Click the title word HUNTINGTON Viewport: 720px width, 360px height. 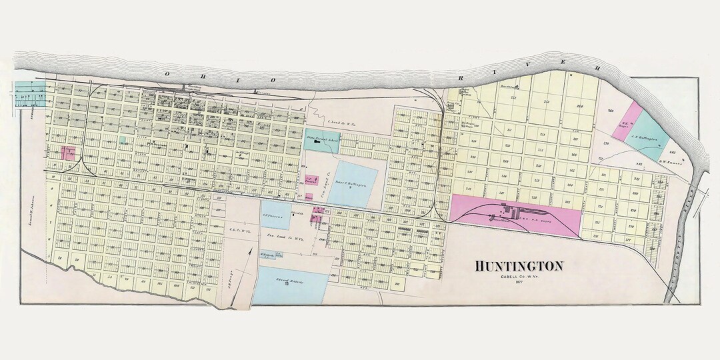click(519, 266)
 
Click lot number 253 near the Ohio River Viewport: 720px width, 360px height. click(545, 101)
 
